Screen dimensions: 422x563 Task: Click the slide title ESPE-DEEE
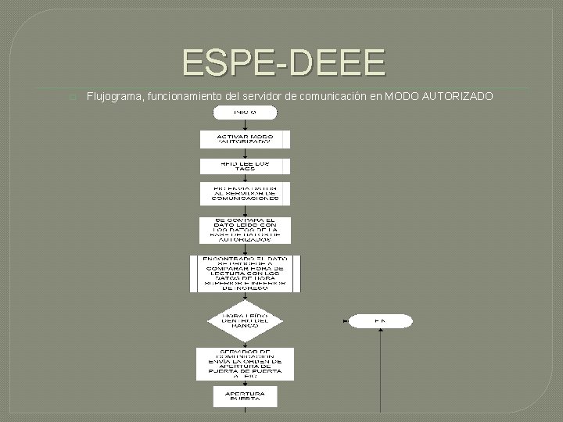tap(284, 62)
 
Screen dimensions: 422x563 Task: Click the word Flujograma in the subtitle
tap(115, 96)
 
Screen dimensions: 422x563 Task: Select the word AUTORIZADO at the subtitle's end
tap(457, 96)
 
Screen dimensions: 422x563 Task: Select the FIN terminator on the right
tap(379, 320)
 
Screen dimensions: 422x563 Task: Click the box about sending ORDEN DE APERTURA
tap(244, 364)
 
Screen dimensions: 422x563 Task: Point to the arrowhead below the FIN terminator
tap(380, 331)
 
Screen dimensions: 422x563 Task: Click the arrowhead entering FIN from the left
tap(346, 320)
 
